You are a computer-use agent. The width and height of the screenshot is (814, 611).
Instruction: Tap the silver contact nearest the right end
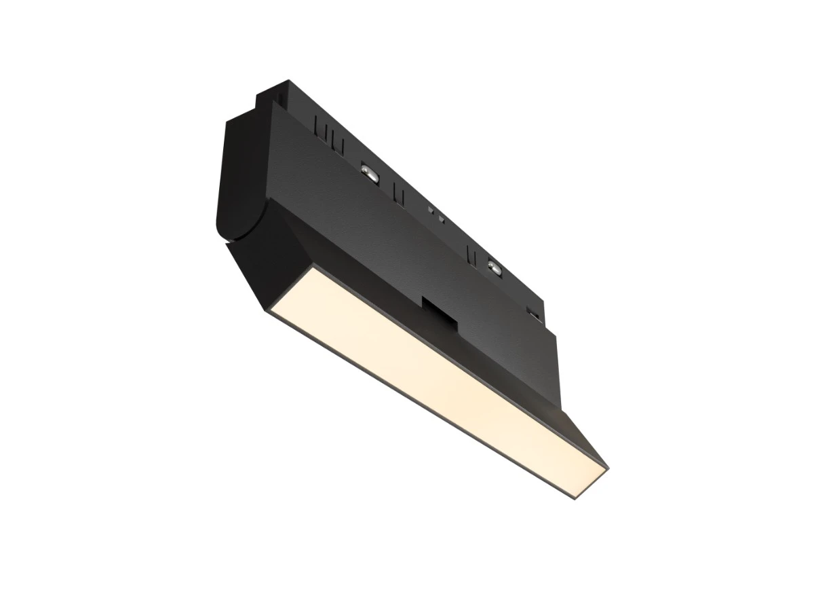coord(493,266)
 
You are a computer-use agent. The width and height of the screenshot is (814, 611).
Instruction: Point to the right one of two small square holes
coord(441,219)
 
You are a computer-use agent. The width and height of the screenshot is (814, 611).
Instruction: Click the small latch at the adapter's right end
coord(535,314)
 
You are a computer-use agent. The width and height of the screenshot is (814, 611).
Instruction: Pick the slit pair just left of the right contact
coord(469,254)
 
